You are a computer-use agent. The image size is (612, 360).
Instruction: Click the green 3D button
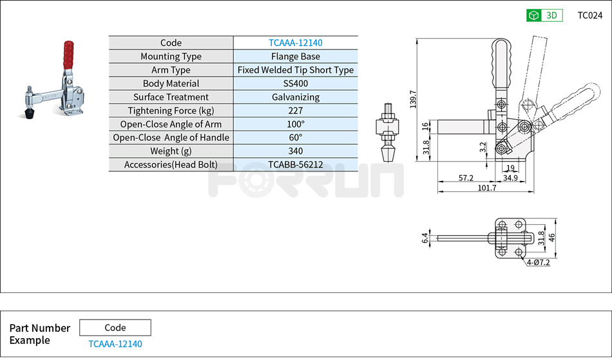[x=544, y=15]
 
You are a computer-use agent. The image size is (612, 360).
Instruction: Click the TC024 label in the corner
[x=589, y=15]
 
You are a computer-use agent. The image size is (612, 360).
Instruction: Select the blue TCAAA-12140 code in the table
[x=295, y=43]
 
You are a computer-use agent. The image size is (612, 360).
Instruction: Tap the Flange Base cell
[x=295, y=57]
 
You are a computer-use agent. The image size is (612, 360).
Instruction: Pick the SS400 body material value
[x=295, y=84]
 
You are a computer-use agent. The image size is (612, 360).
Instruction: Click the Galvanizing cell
[x=295, y=97]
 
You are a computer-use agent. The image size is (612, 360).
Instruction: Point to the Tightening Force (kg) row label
[x=171, y=111]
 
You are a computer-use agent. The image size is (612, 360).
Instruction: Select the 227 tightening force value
[x=295, y=111]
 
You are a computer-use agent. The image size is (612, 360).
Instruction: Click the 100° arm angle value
[x=295, y=124]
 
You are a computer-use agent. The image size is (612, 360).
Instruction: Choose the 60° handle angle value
[x=295, y=137]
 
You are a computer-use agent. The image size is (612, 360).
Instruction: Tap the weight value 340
[x=295, y=151]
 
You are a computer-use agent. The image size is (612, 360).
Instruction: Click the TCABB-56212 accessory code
[x=295, y=164]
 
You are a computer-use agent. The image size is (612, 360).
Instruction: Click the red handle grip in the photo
[x=67, y=55]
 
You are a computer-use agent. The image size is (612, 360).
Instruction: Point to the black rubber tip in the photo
[x=29, y=114]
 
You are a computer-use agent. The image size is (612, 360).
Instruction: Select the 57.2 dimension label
[x=466, y=178]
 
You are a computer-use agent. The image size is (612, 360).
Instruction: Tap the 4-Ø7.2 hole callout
[x=538, y=263]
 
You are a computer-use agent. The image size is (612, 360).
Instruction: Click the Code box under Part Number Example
[x=115, y=327]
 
